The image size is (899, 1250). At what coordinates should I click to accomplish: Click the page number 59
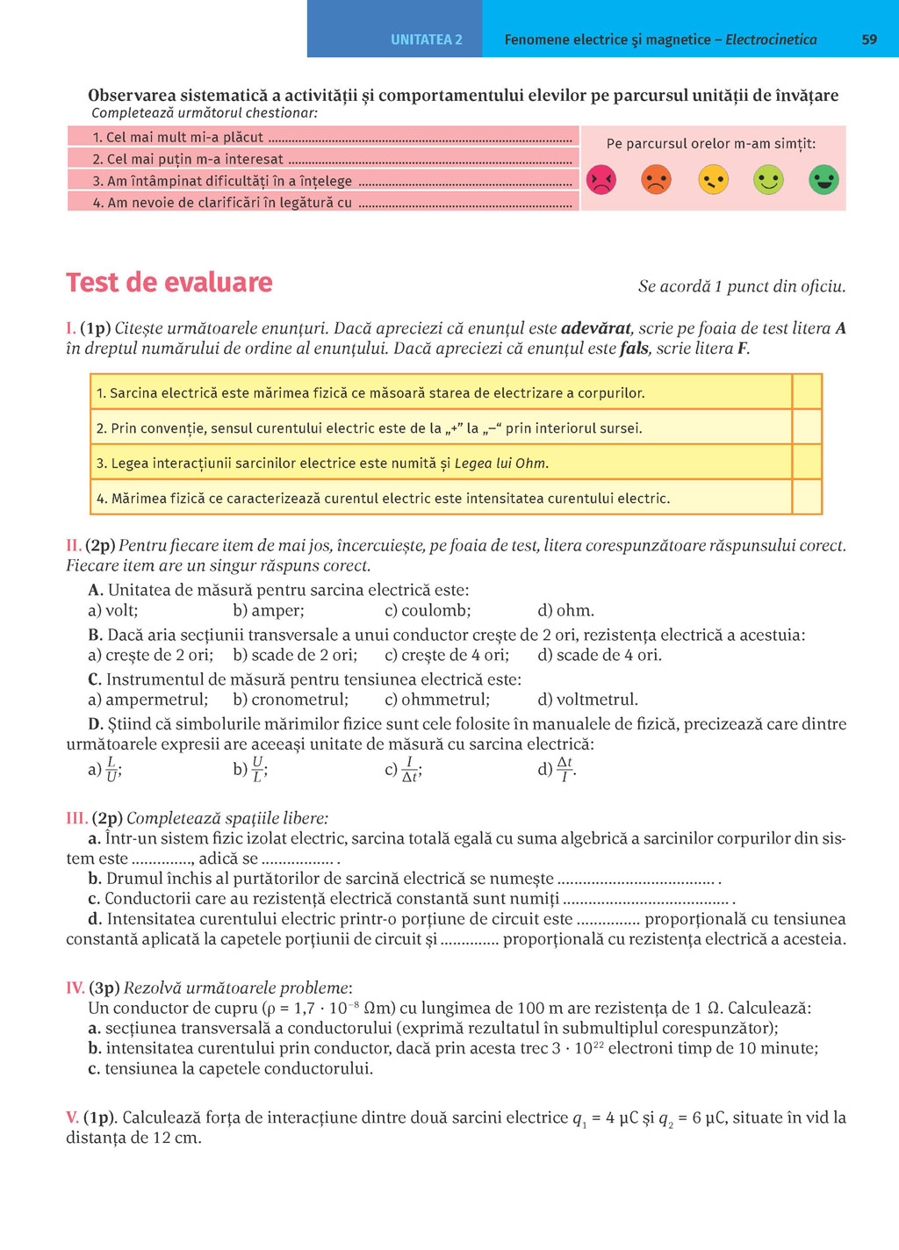pos(869,40)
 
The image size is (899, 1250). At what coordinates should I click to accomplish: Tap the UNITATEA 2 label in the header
pos(426,40)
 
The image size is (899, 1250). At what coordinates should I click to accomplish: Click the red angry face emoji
pos(601,180)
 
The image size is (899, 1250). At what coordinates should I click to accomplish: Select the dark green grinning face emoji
pos(823,180)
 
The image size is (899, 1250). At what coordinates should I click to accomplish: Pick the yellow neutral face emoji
pos(713,180)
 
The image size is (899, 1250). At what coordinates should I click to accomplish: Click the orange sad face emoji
pos(657,180)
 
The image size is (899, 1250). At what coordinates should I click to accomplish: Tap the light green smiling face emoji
pos(768,180)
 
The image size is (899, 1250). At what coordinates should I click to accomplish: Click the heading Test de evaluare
pos(169,283)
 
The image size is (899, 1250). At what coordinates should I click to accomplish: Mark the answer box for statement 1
pos(807,392)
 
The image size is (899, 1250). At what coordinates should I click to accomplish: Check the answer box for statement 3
pos(807,462)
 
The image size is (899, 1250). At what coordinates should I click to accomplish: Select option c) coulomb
pos(428,610)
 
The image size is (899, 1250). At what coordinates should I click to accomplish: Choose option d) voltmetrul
pos(587,700)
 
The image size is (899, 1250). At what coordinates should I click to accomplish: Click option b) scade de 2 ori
pos(295,655)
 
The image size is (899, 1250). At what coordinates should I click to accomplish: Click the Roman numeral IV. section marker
pos(76,988)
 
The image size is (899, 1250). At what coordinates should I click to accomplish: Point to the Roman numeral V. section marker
pos(73,1117)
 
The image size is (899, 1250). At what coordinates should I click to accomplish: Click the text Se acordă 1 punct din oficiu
pos(742,286)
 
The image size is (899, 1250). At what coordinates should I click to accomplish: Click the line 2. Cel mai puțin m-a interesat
pos(188,159)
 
